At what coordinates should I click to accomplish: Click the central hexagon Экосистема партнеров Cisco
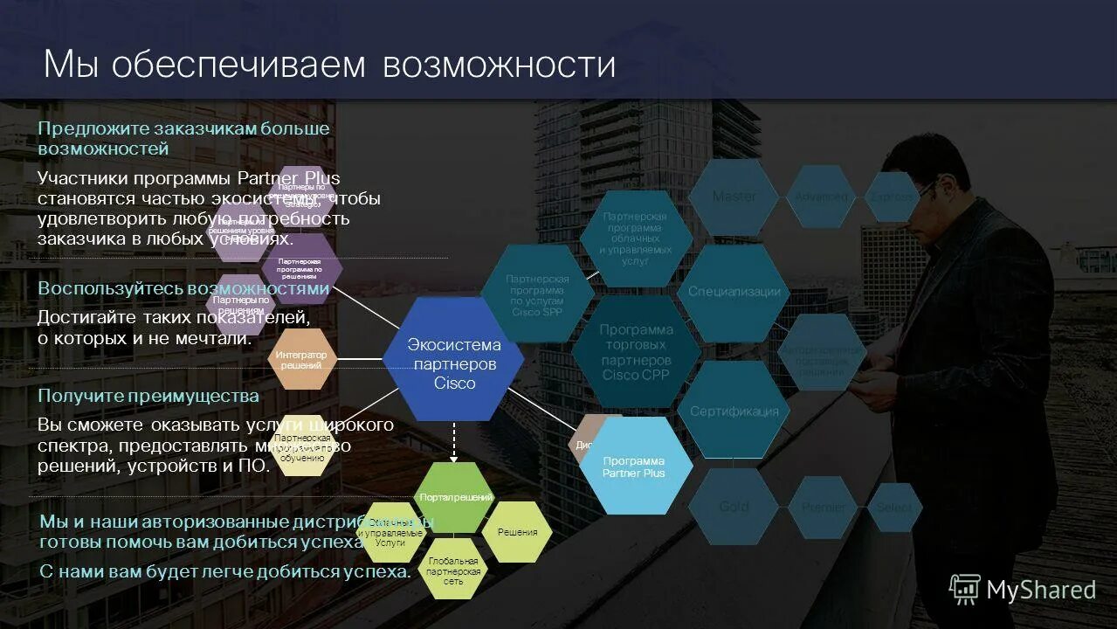coord(454,359)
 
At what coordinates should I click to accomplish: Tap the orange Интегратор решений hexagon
coord(301,359)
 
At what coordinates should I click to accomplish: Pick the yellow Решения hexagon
coord(517,531)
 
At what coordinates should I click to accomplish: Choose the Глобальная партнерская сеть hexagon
coord(453,569)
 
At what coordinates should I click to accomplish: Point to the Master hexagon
coord(734,197)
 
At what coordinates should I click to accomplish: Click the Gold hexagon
coord(734,507)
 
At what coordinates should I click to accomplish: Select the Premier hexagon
coord(823,507)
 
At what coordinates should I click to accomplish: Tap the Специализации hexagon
coord(734,292)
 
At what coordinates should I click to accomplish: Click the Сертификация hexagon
coord(734,411)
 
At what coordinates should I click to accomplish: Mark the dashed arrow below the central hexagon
coord(453,442)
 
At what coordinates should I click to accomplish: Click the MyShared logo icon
coord(965,589)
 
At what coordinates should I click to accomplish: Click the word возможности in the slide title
coord(499,66)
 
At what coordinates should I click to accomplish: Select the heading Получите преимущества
coord(148,396)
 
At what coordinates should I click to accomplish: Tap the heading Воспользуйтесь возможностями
coord(183,288)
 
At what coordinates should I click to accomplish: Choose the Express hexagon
coord(893,197)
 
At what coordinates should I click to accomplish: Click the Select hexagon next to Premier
coord(894,507)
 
